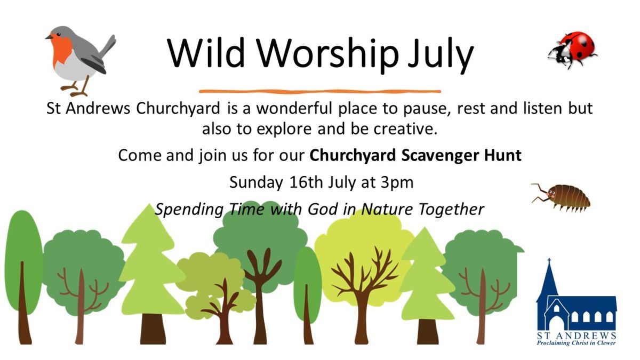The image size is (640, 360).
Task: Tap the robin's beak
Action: pos(49,37)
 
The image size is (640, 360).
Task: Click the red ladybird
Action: pos(573,50)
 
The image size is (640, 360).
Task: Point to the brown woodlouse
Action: pos(562,197)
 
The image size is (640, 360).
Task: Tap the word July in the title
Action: pos(440,55)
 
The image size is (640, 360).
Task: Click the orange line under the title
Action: pos(320,91)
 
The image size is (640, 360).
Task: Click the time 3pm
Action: pos(397,183)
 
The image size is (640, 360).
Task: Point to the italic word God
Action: pos(323,209)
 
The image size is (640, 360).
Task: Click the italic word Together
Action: pos(452,210)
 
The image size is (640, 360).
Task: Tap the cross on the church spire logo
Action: pos(549,261)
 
